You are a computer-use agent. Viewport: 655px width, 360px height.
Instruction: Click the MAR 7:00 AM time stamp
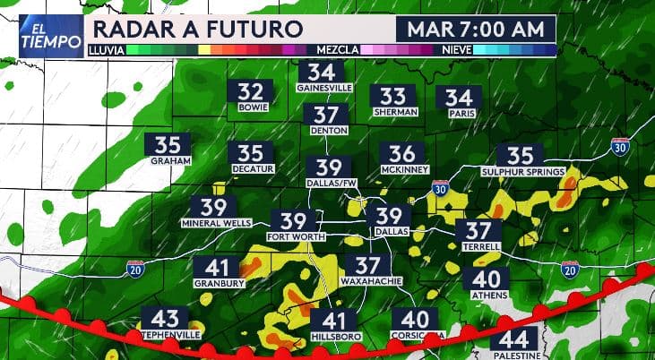tap(475, 29)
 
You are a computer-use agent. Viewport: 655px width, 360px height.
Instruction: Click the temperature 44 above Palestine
tap(514, 339)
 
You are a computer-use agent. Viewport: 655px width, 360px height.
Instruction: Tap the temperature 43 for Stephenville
tap(165, 319)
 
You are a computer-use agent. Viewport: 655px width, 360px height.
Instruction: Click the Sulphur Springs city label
tap(522, 170)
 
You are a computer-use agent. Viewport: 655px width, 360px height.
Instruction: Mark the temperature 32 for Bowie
tap(250, 91)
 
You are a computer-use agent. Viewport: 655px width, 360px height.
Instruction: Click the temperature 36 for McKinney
tap(402, 154)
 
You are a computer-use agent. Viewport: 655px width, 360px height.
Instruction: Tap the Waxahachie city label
tap(367, 281)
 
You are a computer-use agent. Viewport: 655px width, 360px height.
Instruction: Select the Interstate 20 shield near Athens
tap(569, 267)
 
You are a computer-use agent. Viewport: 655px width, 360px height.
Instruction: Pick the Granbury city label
tap(216, 283)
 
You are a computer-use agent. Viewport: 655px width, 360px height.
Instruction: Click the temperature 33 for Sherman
tap(393, 97)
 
